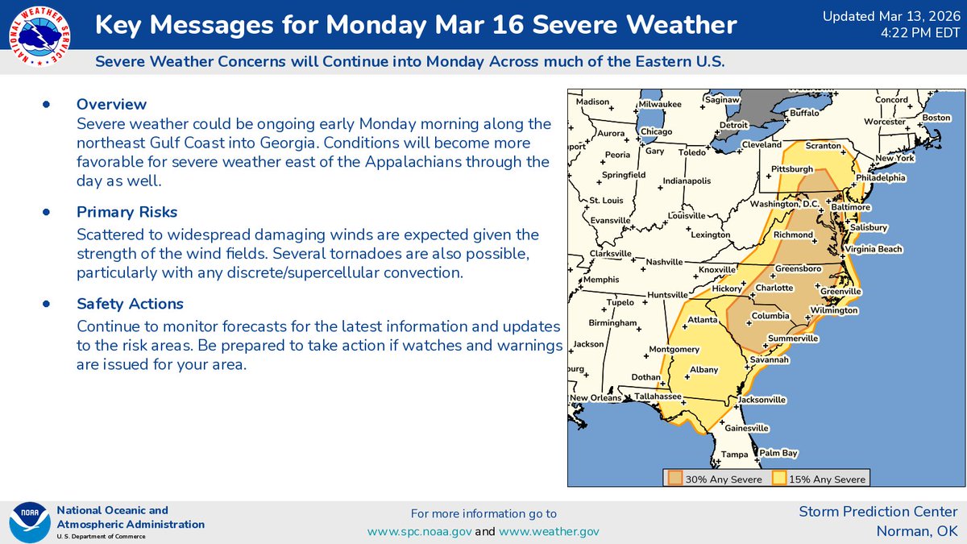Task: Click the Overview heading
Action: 111,104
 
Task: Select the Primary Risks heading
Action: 127,212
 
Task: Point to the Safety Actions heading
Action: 130,304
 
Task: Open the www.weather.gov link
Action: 549,531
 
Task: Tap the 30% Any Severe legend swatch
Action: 674,479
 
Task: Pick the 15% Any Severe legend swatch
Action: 779,479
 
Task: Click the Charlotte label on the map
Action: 774,288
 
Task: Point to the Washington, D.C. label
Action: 784,205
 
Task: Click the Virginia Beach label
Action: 874,250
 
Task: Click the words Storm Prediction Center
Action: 878,512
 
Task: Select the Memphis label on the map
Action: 602,280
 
